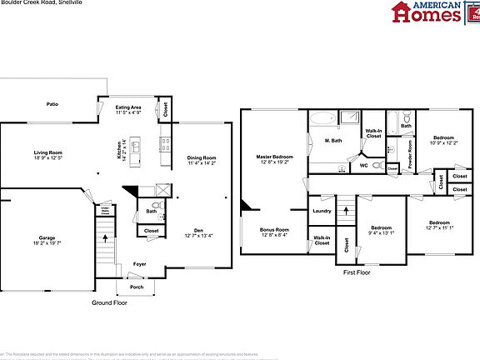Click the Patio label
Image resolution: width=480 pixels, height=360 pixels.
tap(52, 106)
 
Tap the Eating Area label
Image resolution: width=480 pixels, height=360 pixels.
tap(127, 107)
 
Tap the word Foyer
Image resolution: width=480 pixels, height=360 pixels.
tap(139, 263)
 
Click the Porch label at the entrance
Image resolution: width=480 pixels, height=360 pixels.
tap(135, 287)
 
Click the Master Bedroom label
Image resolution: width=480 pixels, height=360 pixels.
tap(274, 157)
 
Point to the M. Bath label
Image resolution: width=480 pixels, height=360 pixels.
tap(333, 140)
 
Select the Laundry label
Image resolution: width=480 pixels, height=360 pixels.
tap(322, 211)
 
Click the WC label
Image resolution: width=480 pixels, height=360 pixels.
tap(363, 165)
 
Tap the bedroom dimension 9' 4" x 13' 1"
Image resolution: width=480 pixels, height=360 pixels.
tap(382, 232)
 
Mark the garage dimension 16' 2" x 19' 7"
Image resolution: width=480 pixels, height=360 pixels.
tap(47, 243)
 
